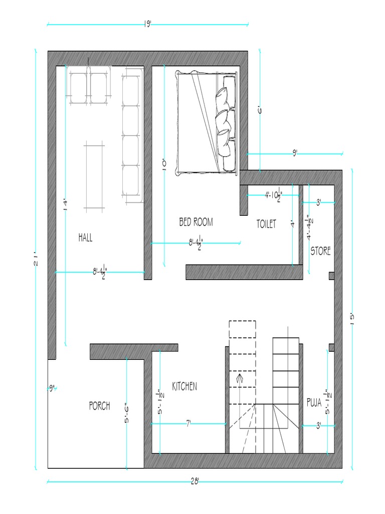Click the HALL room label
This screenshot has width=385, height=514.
pos(85,237)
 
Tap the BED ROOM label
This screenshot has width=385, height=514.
pos(196,222)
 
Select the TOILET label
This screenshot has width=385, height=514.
pos(266,224)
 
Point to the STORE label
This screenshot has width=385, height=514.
pos(320,251)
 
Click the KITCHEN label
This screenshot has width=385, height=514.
pos(184,386)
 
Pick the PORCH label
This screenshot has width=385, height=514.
pos(100,406)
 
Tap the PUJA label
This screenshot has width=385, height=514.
pos(314,402)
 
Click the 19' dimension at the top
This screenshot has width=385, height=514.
pos(148,24)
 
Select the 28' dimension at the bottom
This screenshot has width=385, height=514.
pos(195,481)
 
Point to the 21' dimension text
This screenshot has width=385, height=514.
pos(36,261)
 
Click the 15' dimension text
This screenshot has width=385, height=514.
pos(352,319)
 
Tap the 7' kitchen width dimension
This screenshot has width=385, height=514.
pos(188,424)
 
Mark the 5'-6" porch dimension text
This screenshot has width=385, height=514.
pos(127,414)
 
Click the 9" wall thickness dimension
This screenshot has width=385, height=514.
pos(52,389)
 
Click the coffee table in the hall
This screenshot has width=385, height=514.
pos(94,176)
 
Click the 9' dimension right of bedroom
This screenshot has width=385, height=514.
pos(295,153)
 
